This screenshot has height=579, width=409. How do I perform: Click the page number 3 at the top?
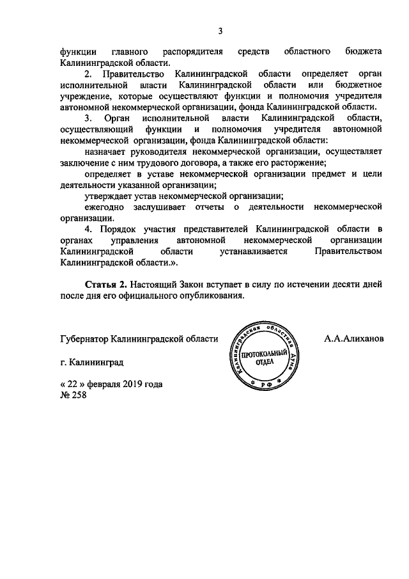[x=220, y=31]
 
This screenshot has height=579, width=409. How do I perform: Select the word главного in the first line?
[x=130, y=51]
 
